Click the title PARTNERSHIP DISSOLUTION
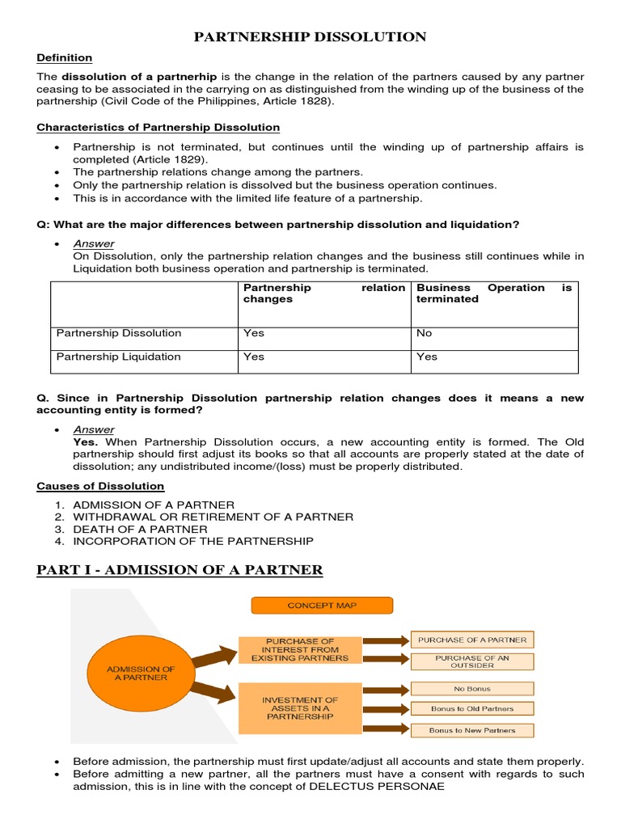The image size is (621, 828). pyautogui.click(x=310, y=37)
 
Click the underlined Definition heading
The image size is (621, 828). pyautogui.click(x=65, y=58)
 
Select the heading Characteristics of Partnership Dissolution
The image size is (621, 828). pyautogui.click(x=158, y=128)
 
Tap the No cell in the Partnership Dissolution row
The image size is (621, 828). pyautogui.click(x=425, y=333)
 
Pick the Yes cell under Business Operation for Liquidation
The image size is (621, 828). pyautogui.click(x=426, y=357)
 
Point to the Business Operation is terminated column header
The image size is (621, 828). pyautogui.click(x=493, y=293)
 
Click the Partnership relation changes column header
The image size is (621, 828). pyautogui.click(x=323, y=293)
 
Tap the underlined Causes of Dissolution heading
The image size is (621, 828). pyautogui.click(x=100, y=486)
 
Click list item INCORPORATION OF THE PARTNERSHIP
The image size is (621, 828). pyautogui.click(x=193, y=541)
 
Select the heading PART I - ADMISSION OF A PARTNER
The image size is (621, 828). pyautogui.click(x=180, y=571)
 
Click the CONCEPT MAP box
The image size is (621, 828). pyautogui.click(x=321, y=606)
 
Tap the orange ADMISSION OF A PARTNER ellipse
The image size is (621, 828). pyautogui.click(x=136, y=673)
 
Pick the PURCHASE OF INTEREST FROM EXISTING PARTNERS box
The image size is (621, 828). pyautogui.click(x=300, y=649)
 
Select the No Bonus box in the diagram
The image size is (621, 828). pyautogui.click(x=471, y=689)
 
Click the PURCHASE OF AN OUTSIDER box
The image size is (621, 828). pyautogui.click(x=471, y=662)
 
